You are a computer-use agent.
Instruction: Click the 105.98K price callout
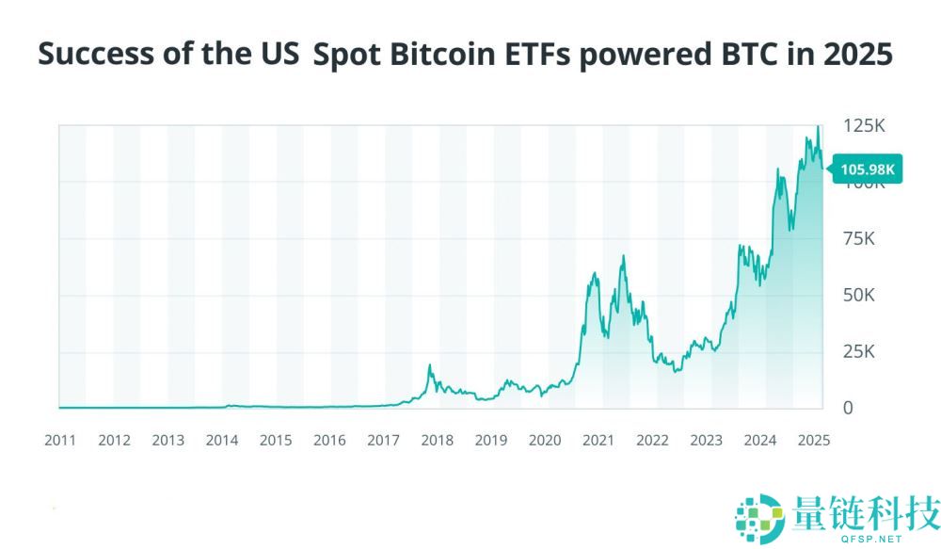coord(867,170)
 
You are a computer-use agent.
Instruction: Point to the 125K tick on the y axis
coord(864,126)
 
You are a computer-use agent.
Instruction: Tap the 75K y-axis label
coord(858,239)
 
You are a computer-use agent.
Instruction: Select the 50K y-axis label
coord(858,296)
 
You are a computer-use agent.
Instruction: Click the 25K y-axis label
coord(858,352)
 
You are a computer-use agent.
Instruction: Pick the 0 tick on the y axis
coord(848,408)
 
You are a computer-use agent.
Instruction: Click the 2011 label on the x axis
coord(60,440)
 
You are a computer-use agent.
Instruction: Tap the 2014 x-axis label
coord(222,440)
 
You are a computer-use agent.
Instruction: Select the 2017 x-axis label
coord(383,440)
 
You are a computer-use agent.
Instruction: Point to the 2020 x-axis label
coord(545,440)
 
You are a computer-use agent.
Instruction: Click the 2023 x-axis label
coord(706,440)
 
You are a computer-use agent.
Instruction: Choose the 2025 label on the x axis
coord(813,440)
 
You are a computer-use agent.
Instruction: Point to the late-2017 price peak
coord(430,365)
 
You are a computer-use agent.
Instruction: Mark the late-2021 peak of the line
coord(623,256)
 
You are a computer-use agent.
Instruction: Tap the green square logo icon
coord(759,518)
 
